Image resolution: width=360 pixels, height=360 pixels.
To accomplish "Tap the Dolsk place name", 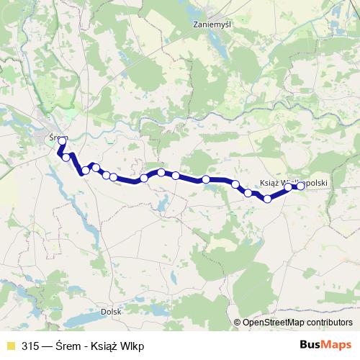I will [111, 311].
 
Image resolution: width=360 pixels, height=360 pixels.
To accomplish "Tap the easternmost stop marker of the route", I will [301, 186].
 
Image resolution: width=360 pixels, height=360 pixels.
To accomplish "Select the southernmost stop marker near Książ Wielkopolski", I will [267, 199].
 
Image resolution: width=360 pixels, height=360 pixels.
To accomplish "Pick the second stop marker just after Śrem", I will [66, 157].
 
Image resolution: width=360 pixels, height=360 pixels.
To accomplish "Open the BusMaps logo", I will [326, 346].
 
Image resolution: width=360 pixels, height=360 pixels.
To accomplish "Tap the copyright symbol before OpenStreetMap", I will [238, 323].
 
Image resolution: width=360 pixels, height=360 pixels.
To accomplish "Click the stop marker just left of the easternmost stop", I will [288, 187].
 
